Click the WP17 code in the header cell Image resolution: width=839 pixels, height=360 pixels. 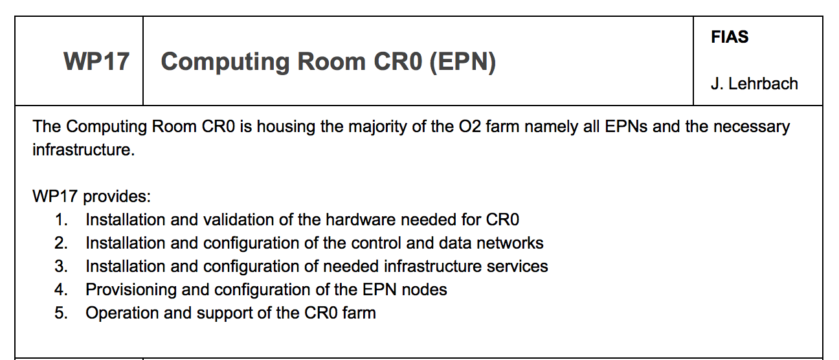tap(96, 61)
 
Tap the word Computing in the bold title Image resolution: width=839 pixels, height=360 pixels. tap(225, 62)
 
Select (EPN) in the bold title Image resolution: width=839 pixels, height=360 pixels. tap(463, 62)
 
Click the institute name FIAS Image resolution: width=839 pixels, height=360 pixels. tap(730, 37)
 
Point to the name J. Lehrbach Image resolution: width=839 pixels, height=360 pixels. tap(754, 84)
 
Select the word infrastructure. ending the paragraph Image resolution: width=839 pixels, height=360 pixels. tap(84, 150)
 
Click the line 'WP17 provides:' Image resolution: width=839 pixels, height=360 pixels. tap(91, 196)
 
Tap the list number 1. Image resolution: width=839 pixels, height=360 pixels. tap(61, 219)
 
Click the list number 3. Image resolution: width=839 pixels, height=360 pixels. tap(61, 266)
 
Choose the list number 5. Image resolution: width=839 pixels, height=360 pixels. tap(61, 313)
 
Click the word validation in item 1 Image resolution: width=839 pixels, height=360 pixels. tap(238, 219)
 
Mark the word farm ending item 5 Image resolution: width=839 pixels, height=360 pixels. tap(359, 313)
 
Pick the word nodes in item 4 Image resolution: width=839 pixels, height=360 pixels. tap(425, 289)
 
